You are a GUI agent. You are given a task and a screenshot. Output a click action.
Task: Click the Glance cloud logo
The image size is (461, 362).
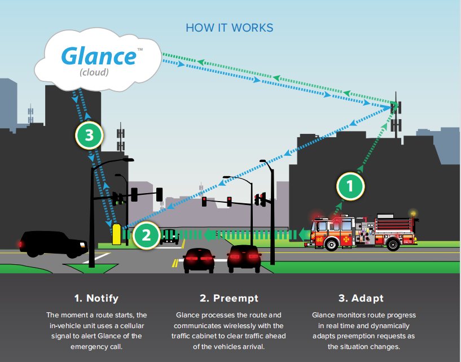click(x=98, y=57)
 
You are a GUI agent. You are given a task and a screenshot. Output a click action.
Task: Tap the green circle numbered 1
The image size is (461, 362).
click(x=350, y=186)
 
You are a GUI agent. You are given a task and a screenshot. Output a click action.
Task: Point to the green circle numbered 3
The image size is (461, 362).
click(x=89, y=136)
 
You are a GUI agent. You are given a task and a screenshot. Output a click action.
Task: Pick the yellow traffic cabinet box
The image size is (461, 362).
click(x=117, y=234)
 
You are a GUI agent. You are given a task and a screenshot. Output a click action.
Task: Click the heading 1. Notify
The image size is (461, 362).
click(x=96, y=298)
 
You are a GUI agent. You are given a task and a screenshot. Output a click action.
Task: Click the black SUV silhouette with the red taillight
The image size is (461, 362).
click(x=54, y=243)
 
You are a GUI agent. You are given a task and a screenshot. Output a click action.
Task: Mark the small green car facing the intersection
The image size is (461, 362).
click(x=170, y=235)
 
